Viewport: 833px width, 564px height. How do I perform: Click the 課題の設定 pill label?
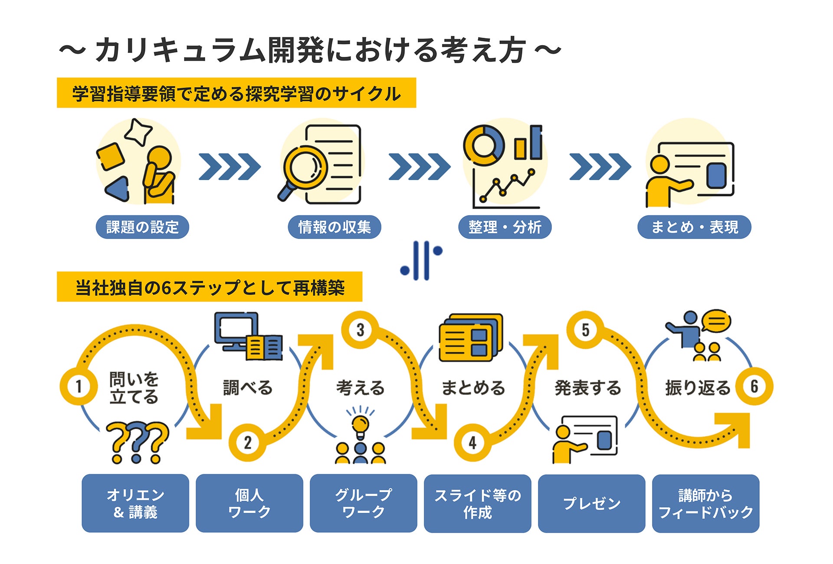(142, 227)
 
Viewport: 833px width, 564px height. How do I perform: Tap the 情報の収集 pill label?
(335, 227)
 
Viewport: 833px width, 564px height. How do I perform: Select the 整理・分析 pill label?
(505, 227)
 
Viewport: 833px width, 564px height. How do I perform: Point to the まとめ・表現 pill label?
(694, 227)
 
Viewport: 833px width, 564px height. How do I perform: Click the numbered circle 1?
(79, 386)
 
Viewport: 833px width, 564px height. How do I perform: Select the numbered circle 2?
(247, 443)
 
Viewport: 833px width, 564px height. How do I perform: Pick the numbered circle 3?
(360, 330)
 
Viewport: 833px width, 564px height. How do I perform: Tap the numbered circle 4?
(472, 443)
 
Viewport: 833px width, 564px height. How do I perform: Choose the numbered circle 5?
(585, 330)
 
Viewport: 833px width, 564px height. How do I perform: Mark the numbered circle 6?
(754, 386)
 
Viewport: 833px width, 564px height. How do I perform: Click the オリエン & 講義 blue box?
(135, 503)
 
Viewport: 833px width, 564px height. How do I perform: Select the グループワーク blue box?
(364, 503)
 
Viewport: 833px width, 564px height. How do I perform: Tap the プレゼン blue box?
(592, 503)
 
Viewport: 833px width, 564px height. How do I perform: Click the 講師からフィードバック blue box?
(706, 503)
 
